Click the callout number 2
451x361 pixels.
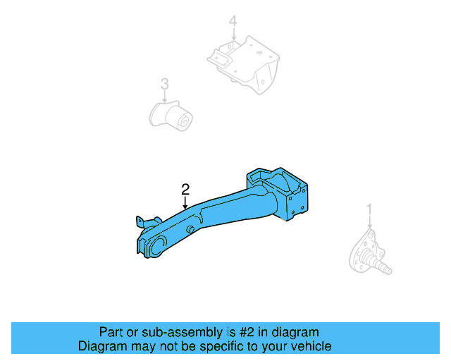[x=185, y=189]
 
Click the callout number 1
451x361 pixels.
[x=369, y=209]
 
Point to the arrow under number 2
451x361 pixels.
[x=185, y=202]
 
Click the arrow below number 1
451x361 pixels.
[x=369, y=222]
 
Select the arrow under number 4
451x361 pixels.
[x=232, y=35]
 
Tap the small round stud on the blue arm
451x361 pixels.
[x=190, y=231]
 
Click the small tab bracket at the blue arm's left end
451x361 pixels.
[x=140, y=222]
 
